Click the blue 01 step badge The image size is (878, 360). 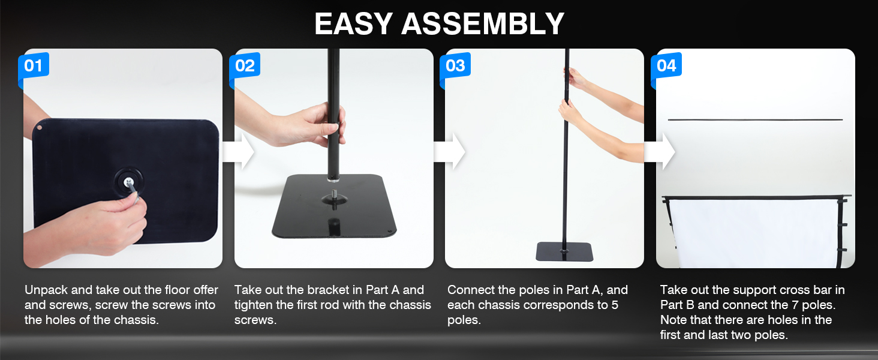point(34,65)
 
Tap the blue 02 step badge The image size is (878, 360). point(245,65)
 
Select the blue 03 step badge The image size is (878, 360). point(455,65)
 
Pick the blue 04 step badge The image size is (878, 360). point(666,65)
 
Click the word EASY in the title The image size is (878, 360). point(353,24)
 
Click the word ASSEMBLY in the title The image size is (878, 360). point(483,24)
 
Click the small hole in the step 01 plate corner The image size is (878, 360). point(39,128)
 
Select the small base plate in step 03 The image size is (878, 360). point(564,251)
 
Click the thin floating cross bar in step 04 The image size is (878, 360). point(755,120)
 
